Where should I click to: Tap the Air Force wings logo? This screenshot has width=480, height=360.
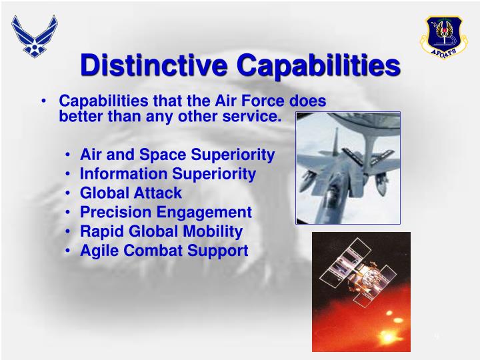coord(35,36)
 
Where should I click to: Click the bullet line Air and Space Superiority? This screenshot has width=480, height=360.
coord(177,155)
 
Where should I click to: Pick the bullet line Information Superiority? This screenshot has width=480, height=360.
coord(168,174)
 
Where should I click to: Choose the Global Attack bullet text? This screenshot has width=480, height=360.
coord(131,193)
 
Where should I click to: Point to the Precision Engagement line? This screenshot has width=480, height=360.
coord(166,213)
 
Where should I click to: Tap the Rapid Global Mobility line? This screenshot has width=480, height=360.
coord(161,232)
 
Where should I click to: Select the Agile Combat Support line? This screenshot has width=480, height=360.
coord(164,251)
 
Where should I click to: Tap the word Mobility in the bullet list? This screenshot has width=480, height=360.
coord(215,232)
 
